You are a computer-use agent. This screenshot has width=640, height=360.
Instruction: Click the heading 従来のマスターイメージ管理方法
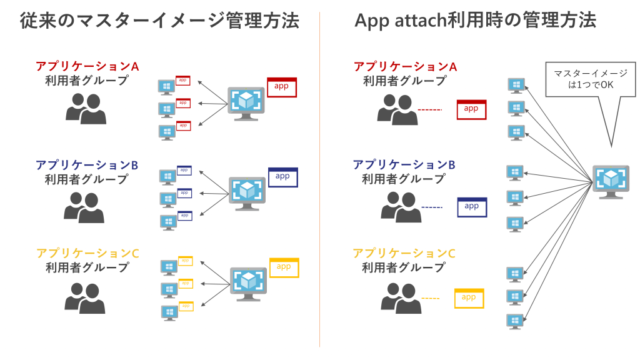159,21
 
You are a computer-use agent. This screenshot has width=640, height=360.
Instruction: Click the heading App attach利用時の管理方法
475,21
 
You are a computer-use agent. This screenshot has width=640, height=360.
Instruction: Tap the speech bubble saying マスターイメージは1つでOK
585,79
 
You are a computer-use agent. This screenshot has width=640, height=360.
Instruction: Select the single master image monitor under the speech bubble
610,181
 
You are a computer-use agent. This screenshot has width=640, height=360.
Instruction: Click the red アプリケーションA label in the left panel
87,66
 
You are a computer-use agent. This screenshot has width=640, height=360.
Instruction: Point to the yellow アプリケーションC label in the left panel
87,253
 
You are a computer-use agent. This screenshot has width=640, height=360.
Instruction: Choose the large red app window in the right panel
471,109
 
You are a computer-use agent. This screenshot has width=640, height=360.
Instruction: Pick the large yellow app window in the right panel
469,297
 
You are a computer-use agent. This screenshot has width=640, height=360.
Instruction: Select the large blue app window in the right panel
472,207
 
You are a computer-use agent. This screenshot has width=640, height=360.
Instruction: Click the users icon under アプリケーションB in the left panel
84,207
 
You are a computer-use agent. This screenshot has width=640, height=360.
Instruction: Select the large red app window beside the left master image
281,86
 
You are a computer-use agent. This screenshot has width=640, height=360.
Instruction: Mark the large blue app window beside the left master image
283,177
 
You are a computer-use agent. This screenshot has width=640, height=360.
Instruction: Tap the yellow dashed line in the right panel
431,298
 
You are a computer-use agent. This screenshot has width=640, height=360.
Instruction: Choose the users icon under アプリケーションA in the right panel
398,109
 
